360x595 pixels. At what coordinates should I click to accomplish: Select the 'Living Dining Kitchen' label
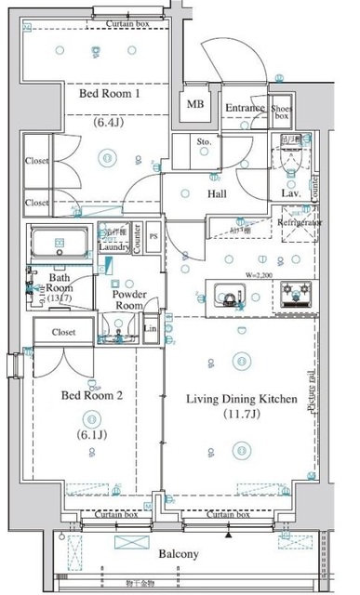[241, 399]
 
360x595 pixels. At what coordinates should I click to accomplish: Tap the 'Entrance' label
[246, 108]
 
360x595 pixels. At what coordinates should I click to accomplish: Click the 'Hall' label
[220, 193]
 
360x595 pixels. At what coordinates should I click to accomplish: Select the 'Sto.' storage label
[205, 141]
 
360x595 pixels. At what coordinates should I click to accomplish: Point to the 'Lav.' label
[288, 194]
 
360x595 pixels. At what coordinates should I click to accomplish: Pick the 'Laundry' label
[113, 247]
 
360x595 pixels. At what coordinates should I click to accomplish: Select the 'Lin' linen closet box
[151, 328]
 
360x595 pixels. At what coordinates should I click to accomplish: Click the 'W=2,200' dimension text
[260, 274]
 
